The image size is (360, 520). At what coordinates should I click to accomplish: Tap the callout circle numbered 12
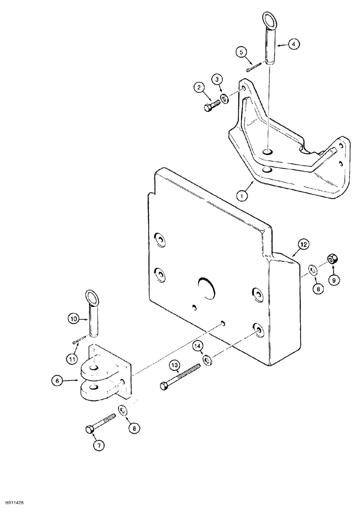(303, 244)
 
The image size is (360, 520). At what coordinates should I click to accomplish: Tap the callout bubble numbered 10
(73, 320)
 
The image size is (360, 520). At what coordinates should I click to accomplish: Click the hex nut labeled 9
(331, 259)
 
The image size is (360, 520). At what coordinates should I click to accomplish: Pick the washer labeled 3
(224, 99)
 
